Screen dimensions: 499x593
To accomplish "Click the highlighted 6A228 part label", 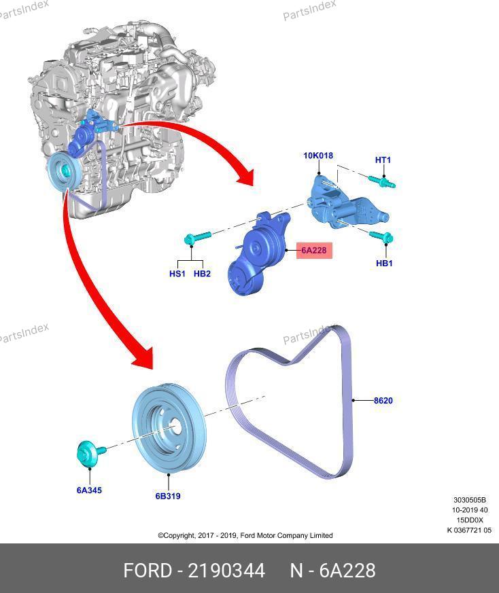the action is tap(314, 251).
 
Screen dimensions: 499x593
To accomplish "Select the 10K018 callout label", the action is tap(318, 156).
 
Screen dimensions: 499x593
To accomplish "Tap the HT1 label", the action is tap(383, 160).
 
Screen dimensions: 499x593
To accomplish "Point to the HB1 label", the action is tap(384, 264).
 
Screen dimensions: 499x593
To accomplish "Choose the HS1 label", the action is tap(177, 274).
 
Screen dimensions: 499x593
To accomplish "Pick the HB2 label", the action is tap(202, 274).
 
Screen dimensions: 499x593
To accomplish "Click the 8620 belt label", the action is tap(383, 401).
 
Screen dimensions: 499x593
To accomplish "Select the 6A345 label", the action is tap(89, 490).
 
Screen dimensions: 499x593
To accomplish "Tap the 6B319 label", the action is tap(168, 496).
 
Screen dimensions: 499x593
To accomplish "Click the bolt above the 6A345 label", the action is tap(90, 453).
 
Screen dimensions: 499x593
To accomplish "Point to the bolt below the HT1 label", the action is tap(381, 182).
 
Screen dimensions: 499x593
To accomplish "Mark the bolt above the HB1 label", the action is tap(381, 237).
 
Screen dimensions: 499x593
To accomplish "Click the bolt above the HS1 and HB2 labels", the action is tap(197, 238).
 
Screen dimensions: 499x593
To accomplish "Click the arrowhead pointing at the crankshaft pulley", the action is tap(144, 357).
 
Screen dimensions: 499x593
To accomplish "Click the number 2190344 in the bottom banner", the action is tap(226, 571).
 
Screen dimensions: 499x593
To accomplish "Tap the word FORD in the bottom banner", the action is tap(148, 571).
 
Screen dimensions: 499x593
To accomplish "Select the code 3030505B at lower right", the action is tap(470, 500).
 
